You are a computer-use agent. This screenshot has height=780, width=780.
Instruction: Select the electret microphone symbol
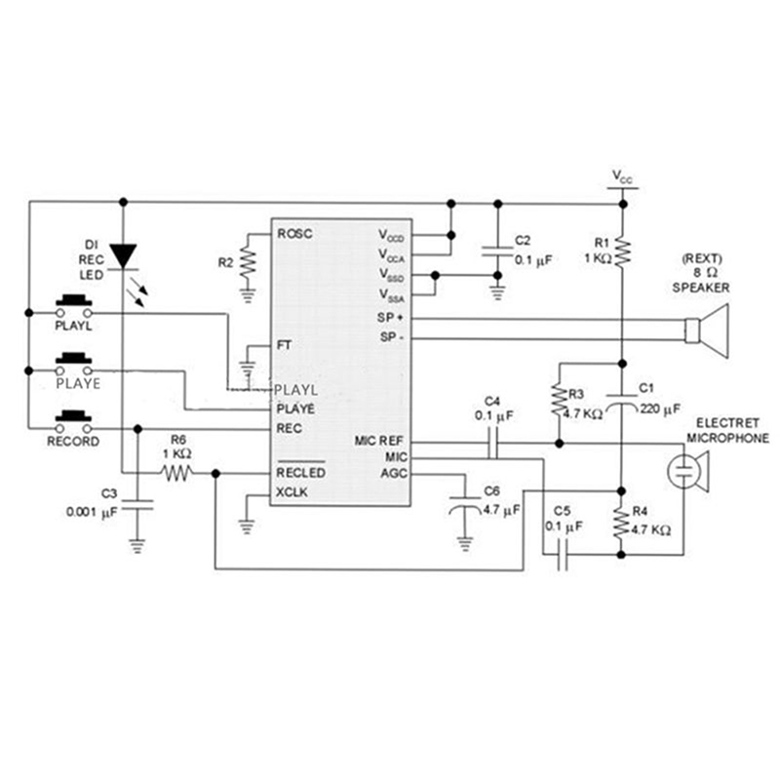point(688,472)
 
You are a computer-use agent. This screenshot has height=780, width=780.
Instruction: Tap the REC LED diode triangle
point(123,254)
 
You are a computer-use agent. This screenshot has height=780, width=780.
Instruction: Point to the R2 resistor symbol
point(249,261)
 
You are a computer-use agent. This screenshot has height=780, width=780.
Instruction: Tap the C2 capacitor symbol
point(497,253)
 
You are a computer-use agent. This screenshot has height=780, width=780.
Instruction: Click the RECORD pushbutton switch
point(74,421)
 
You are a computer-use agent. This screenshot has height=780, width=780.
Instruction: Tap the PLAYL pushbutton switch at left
point(74,305)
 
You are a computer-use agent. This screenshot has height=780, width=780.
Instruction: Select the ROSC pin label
point(294,234)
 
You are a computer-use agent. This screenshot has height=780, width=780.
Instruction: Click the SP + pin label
point(391,319)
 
